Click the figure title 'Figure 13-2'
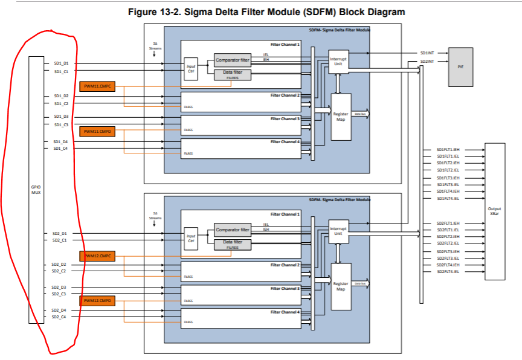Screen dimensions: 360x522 (x=266, y=12)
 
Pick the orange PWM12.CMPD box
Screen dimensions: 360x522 (x=97, y=300)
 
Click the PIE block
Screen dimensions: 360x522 (x=461, y=66)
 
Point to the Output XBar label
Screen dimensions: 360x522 (x=494, y=211)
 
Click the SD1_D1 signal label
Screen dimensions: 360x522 (x=61, y=63)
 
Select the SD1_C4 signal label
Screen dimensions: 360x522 (x=60, y=148)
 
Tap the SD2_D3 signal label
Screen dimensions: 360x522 (x=59, y=288)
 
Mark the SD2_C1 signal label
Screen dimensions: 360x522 (x=59, y=240)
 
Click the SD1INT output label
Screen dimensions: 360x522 (x=427, y=53)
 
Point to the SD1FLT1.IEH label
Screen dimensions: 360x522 (x=448, y=150)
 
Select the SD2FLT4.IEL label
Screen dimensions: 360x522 (x=448, y=272)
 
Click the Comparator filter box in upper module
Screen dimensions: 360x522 (x=233, y=60)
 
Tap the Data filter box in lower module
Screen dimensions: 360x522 (x=233, y=244)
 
